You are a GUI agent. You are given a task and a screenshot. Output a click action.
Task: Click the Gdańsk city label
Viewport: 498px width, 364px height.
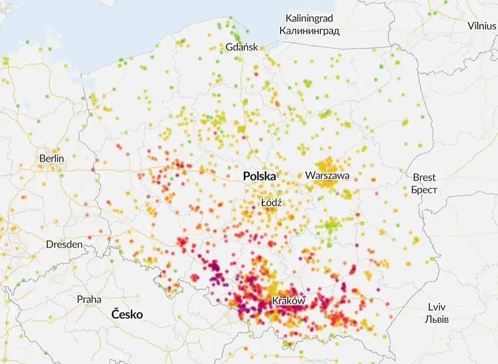(x=242, y=47)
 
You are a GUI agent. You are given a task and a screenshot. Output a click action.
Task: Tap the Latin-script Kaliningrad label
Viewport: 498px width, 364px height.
(x=309, y=19)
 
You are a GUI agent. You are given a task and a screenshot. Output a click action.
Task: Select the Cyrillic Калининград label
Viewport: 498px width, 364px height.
(x=309, y=31)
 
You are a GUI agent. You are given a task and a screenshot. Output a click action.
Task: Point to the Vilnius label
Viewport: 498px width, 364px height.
(x=481, y=26)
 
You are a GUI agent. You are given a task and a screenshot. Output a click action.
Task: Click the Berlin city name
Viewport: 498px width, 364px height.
(x=52, y=159)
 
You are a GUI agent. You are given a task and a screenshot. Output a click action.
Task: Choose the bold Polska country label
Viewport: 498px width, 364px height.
(x=260, y=176)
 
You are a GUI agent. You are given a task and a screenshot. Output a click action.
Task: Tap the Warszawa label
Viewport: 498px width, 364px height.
(x=327, y=176)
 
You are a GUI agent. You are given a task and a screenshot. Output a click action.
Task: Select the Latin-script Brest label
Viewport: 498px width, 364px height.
(x=424, y=178)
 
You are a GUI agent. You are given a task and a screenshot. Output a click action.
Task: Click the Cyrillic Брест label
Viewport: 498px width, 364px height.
(x=424, y=190)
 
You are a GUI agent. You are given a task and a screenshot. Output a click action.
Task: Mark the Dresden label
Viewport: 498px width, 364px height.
(x=64, y=245)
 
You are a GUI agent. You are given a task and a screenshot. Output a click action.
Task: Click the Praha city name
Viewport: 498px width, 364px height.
(x=89, y=299)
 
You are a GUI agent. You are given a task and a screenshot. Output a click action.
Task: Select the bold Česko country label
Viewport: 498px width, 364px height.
(x=127, y=315)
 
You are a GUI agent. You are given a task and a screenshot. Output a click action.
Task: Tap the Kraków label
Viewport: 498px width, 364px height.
(x=289, y=301)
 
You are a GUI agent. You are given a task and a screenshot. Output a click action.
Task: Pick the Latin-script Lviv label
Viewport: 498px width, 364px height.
(x=437, y=307)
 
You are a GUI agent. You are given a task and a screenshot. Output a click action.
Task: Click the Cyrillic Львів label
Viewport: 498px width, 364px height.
(x=437, y=319)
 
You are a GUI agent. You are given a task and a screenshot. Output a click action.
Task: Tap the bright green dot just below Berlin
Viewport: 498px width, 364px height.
(x=60, y=175)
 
